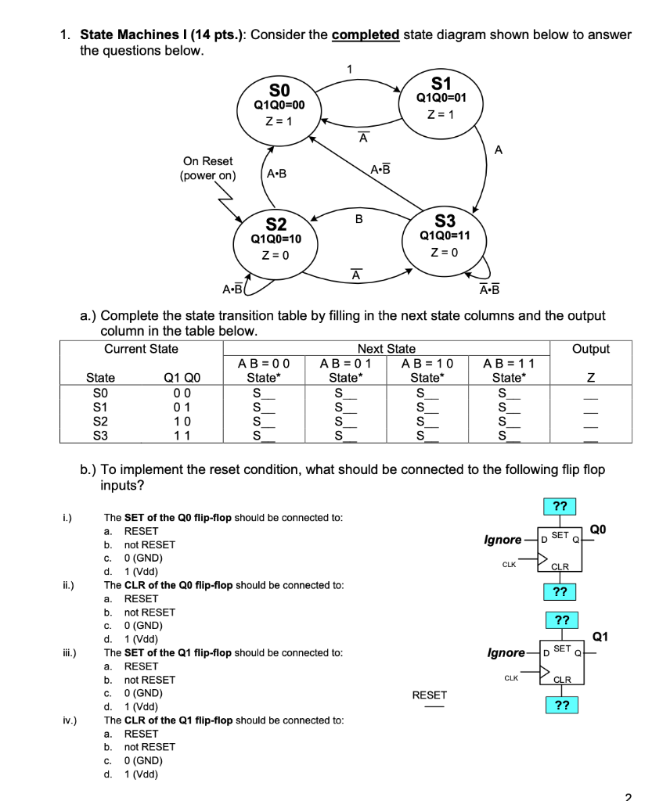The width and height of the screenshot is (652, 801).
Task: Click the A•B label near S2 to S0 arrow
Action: (277, 174)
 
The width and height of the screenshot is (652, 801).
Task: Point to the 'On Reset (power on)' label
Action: (207, 168)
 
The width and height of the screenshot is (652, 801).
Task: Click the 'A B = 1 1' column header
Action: (509, 363)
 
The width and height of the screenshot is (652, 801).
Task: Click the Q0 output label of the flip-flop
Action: (597, 529)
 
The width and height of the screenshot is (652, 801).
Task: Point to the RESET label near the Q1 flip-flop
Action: (429, 695)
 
